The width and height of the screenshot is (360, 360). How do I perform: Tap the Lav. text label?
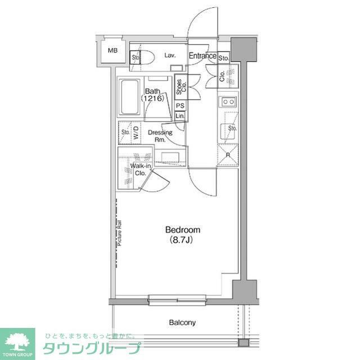[171, 55]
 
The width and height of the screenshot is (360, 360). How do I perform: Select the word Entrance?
[202, 56]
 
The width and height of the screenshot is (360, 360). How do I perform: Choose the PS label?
[180, 106]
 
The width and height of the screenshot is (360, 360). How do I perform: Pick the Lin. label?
[180, 116]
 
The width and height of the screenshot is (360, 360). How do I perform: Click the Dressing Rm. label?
[160, 136]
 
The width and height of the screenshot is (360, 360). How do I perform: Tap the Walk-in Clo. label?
[139, 170]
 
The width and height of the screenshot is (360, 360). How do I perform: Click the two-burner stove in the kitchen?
[228, 102]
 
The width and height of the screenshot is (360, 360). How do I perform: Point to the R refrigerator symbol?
[228, 155]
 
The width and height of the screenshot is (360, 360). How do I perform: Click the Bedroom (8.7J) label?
[182, 235]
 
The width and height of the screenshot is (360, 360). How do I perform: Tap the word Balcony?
[182, 323]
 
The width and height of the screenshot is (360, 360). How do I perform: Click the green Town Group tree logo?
[17, 341]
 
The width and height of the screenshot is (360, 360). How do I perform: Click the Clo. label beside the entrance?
[222, 76]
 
